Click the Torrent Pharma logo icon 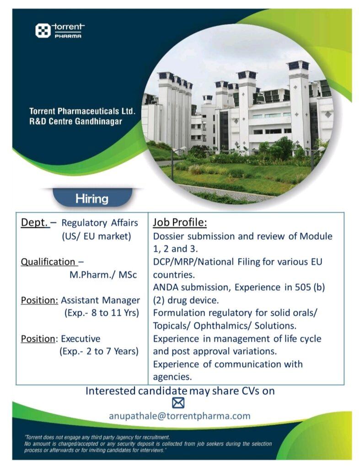click(43, 31)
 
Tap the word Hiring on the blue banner click(92, 199)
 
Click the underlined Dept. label click(35, 223)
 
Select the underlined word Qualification click(48, 262)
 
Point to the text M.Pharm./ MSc click(103, 275)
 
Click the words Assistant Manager click(100, 300)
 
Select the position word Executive click(81, 339)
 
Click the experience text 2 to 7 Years click(113, 351)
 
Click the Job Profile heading click(180, 223)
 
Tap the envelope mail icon click(178, 403)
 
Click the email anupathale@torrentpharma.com click(180, 416)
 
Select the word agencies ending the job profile click(172, 377)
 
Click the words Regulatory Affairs click(100, 223)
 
